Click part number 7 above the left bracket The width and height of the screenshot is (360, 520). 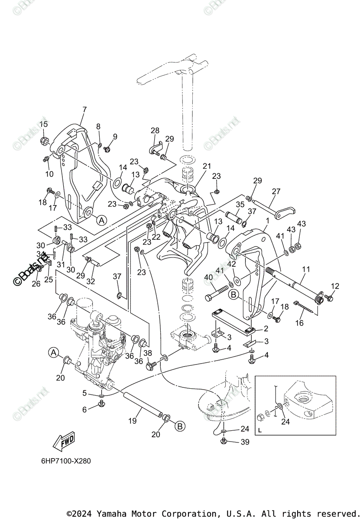coord(84,110)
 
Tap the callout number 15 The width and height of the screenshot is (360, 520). coord(44,125)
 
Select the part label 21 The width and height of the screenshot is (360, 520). coord(207,166)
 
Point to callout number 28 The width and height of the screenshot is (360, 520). coord(155,130)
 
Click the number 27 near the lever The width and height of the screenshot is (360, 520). coord(276,191)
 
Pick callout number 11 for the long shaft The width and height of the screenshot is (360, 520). coord(306,269)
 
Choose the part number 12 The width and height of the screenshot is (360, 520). coord(335,286)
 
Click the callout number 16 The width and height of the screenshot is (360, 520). coord(299,323)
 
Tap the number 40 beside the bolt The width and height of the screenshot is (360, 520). coord(208,277)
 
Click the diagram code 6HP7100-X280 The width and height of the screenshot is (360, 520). coord(60,461)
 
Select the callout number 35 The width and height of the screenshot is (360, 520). coord(240,205)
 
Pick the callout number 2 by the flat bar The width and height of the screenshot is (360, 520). coord(266,328)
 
